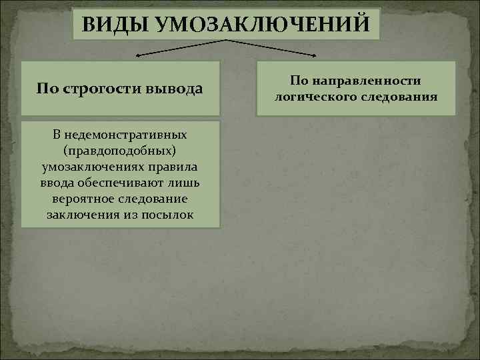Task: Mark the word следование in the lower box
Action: pos(151,199)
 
